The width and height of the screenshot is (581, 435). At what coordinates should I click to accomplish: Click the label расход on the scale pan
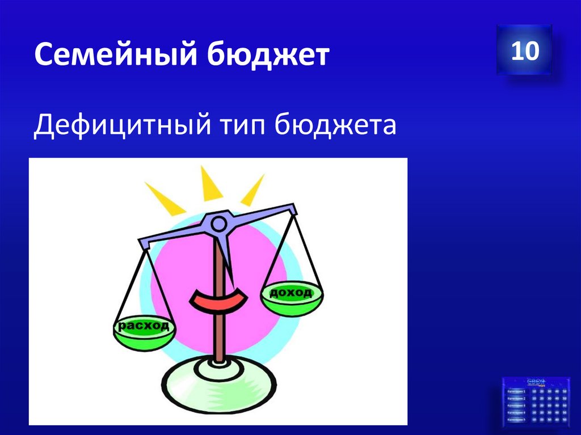[x=143, y=326]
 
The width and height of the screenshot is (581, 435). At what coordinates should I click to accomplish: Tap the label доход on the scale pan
[x=290, y=293]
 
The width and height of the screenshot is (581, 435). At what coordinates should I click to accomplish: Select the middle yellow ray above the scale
[x=211, y=185]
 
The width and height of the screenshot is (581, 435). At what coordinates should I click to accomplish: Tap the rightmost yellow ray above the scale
[x=252, y=190]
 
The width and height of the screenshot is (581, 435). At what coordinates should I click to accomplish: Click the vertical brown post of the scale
[x=218, y=329]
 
